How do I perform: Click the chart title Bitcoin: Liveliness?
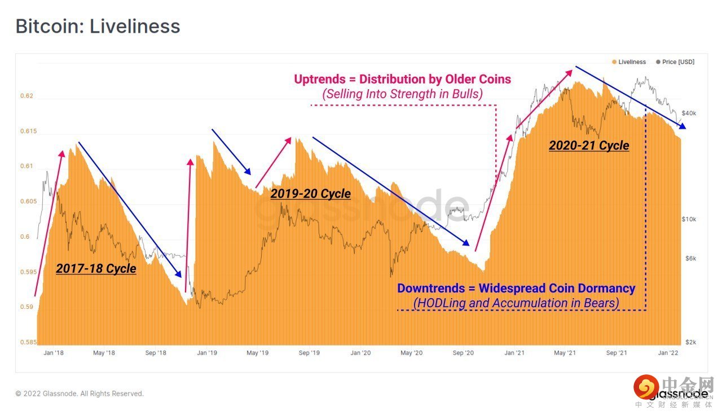[x=98, y=27]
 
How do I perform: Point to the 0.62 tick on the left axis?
[x=27, y=96]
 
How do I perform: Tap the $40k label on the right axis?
[x=689, y=113]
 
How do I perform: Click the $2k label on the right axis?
[x=690, y=343]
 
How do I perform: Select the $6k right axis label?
[x=690, y=259]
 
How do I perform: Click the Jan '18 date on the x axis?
[x=53, y=353]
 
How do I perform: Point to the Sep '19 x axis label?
[x=309, y=353]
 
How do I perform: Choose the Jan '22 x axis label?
[x=669, y=353]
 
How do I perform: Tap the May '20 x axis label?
[x=412, y=353]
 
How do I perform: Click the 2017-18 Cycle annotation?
[x=96, y=268]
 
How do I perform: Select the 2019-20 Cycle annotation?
[x=311, y=194]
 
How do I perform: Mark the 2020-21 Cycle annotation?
[x=589, y=146]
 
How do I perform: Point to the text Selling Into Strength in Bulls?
[x=403, y=94]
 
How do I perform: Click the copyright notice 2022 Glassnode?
[x=80, y=394]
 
